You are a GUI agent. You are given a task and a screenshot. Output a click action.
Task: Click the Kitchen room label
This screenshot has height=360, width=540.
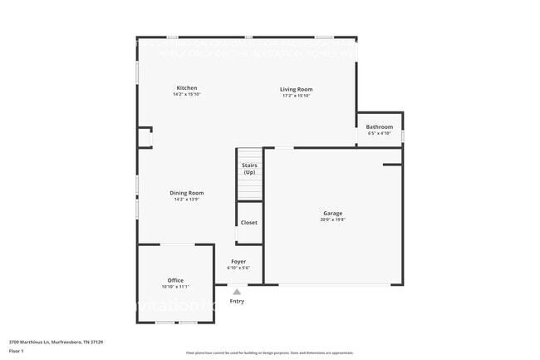pyautogui.click(x=187, y=88)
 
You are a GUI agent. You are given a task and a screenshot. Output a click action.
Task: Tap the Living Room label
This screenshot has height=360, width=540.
pyautogui.click(x=296, y=89)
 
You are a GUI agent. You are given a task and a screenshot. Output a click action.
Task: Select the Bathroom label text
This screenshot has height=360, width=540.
pyautogui.click(x=380, y=127)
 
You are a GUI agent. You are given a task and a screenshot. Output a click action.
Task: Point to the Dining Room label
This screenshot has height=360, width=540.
pyautogui.click(x=189, y=193)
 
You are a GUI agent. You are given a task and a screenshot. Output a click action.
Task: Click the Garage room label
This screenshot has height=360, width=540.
pyautogui.click(x=332, y=214)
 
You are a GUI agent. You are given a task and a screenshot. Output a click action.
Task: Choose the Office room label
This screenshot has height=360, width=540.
pyautogui.click(x=175, y=280)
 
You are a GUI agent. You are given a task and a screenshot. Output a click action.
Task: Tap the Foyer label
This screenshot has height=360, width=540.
pyautogui.click(x=238, y=262)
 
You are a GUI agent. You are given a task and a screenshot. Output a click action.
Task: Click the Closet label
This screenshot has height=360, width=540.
pyautogui.click(x=249, y=223)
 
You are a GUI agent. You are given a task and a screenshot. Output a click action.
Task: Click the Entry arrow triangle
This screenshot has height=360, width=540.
pyautogui.click(x=237, y=292)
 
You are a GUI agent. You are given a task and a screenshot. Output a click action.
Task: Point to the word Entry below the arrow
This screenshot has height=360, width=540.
pyautogui.click(x=237, y=301)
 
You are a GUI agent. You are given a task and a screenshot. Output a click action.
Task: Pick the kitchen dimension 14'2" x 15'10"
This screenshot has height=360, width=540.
pyautogui.click(x=187, y=95)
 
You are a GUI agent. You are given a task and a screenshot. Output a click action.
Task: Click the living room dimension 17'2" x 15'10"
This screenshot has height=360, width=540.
pyautogui.click(x=296, y=96)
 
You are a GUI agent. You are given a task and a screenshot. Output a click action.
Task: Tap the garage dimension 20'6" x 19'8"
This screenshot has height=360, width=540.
pyautogui.click(x=332, y=220)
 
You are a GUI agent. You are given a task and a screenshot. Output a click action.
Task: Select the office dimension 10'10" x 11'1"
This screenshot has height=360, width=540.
pyautogui.click(x=175, y=287)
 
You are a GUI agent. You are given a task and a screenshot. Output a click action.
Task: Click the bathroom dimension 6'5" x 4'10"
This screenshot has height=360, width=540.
pyautogui.click(x=380, y=134)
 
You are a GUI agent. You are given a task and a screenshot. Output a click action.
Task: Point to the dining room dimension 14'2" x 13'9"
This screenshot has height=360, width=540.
pyautogui.click(x=189, y=200)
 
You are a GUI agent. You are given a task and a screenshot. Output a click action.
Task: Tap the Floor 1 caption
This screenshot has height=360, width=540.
pyautogui.click(x=17, y=351)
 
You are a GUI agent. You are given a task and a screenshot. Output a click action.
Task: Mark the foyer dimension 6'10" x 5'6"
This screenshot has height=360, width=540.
pyautogui.click(x=238, y=269)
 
